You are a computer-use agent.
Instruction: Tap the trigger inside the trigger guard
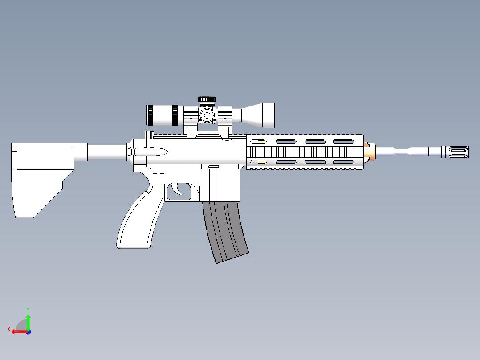tap(181, 189)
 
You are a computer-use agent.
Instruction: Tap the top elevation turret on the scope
tap(207, 99)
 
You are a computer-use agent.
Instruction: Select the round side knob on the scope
tap(206, 115)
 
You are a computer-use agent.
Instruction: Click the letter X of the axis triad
tap(8, 329)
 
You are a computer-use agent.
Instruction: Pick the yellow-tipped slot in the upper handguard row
tap(259, 142)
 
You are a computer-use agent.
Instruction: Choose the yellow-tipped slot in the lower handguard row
tap(259, 162)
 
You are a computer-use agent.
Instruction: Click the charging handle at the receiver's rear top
tap(149, 135)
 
